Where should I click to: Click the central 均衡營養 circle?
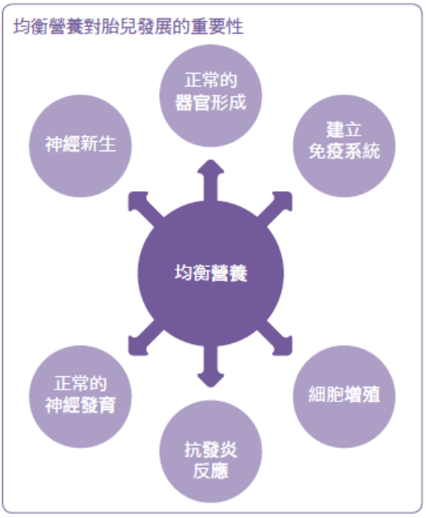tap(211, 273)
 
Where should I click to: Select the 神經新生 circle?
tap(80, 146)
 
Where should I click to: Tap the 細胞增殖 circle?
tap(344, 397)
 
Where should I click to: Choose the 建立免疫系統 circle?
tap(344, 146)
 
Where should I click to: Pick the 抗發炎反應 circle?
tap(211, 451)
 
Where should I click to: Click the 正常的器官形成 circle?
tap(211, 96)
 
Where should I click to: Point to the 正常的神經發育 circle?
tap(80, 397)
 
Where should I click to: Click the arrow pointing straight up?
tap(211, 181)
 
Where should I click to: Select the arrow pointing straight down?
tap(211, 366)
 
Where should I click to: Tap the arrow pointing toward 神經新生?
tap(146, 208)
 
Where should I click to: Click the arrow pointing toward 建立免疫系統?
tap(276, 208)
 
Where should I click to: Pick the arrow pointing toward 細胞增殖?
tap(276, 339)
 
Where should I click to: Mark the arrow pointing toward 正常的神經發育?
tap(146, 339)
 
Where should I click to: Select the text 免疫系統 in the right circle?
tap(344, 151)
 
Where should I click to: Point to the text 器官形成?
tap(211, 103)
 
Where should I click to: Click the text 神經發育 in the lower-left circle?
tap(80, 405)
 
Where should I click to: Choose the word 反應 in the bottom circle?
tap(211, 471)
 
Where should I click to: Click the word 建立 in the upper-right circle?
tap(344, 129)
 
